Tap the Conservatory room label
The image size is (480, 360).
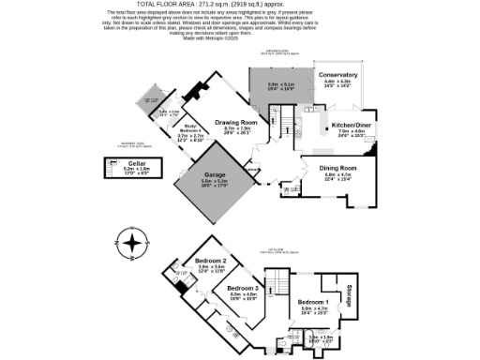tap(337, 75)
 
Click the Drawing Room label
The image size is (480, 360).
tap(236, 122)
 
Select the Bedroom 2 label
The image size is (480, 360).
tap(211, 260)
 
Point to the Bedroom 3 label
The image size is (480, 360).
tap(243, 288)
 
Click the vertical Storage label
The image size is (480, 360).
tap(348, 293)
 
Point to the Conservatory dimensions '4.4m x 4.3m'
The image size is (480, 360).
tap(337, 82)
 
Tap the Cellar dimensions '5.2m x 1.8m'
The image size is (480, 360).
tap(129, 168)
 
